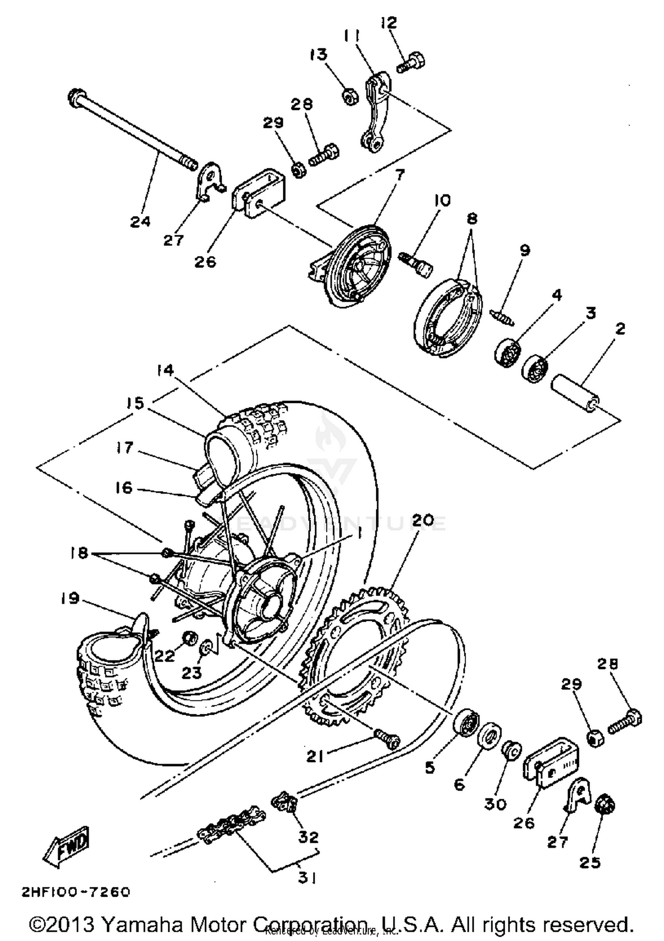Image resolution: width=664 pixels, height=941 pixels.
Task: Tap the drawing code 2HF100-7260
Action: point(76,892)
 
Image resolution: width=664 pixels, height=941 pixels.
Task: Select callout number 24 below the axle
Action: point(140,221)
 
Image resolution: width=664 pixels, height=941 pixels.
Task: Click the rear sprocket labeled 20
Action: point(354,655)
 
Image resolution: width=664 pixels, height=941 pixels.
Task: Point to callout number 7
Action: point(399,175)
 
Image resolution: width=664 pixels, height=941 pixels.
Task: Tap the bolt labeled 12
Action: point(412,62)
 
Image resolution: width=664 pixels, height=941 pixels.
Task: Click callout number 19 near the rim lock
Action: point(70,598)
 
